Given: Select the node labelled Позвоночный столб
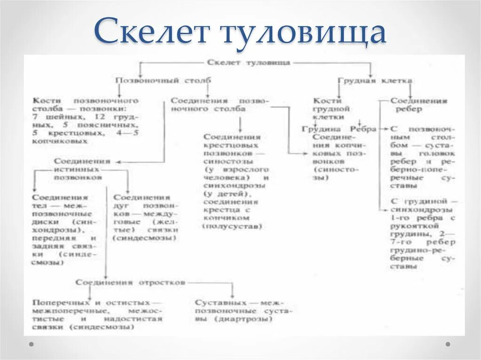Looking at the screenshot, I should click(163, 81).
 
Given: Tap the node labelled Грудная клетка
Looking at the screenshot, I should click(375, 81).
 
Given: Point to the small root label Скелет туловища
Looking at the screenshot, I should click(248, 62).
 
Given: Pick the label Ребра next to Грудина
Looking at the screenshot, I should click(363, 129).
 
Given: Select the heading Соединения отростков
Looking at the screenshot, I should click(130, 283).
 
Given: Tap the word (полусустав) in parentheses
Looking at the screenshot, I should click(232, 226).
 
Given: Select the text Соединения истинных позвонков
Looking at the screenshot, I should click(82, 169).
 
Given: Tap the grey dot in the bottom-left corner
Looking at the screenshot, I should click(31, 344).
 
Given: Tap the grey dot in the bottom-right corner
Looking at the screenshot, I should click(448, 344).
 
